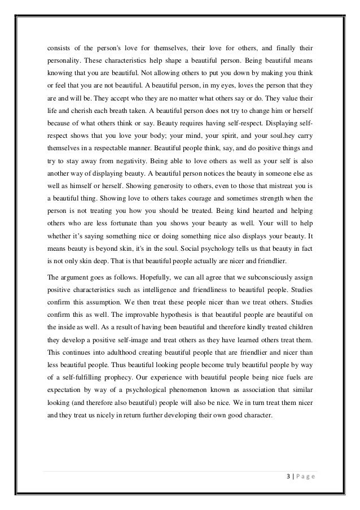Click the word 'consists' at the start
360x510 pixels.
59,47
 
